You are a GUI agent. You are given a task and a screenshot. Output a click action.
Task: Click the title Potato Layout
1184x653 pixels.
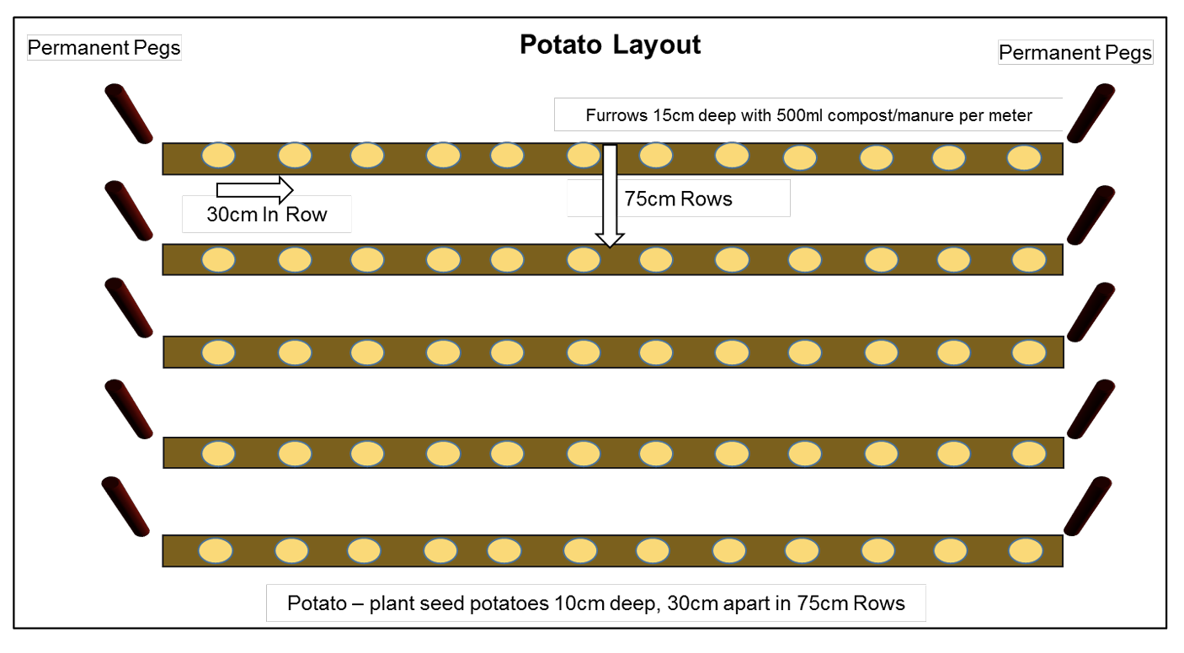(610, 45)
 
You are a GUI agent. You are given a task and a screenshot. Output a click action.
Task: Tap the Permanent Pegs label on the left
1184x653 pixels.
(104, 47)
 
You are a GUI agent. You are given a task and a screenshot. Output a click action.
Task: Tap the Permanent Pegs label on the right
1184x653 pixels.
(1075, 53)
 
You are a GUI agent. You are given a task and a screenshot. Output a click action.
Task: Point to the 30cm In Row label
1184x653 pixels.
(266, 214)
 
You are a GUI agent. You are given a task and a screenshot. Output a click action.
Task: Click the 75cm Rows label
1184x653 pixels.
(678, 199)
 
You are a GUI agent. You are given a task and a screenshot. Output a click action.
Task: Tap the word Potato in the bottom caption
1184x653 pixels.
(317, 603)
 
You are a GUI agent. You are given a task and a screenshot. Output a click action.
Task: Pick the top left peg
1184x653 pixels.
(128, 114)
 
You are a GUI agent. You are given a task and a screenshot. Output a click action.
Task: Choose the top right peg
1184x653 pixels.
(1091, 113)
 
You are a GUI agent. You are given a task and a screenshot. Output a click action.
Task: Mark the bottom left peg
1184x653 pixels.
(125, 507)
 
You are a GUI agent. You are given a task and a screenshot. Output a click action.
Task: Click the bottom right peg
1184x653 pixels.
(1089, 505)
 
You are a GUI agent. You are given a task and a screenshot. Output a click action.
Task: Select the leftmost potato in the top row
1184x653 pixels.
(219, 155)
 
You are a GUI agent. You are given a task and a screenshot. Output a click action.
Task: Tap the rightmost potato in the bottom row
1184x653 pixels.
(1026, 550)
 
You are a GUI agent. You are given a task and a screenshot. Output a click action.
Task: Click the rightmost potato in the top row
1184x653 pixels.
(1025, 157)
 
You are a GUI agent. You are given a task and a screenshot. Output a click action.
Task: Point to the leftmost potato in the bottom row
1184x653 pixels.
(216, 551)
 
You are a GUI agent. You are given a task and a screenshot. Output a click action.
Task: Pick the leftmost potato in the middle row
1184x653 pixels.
(219, 353)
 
